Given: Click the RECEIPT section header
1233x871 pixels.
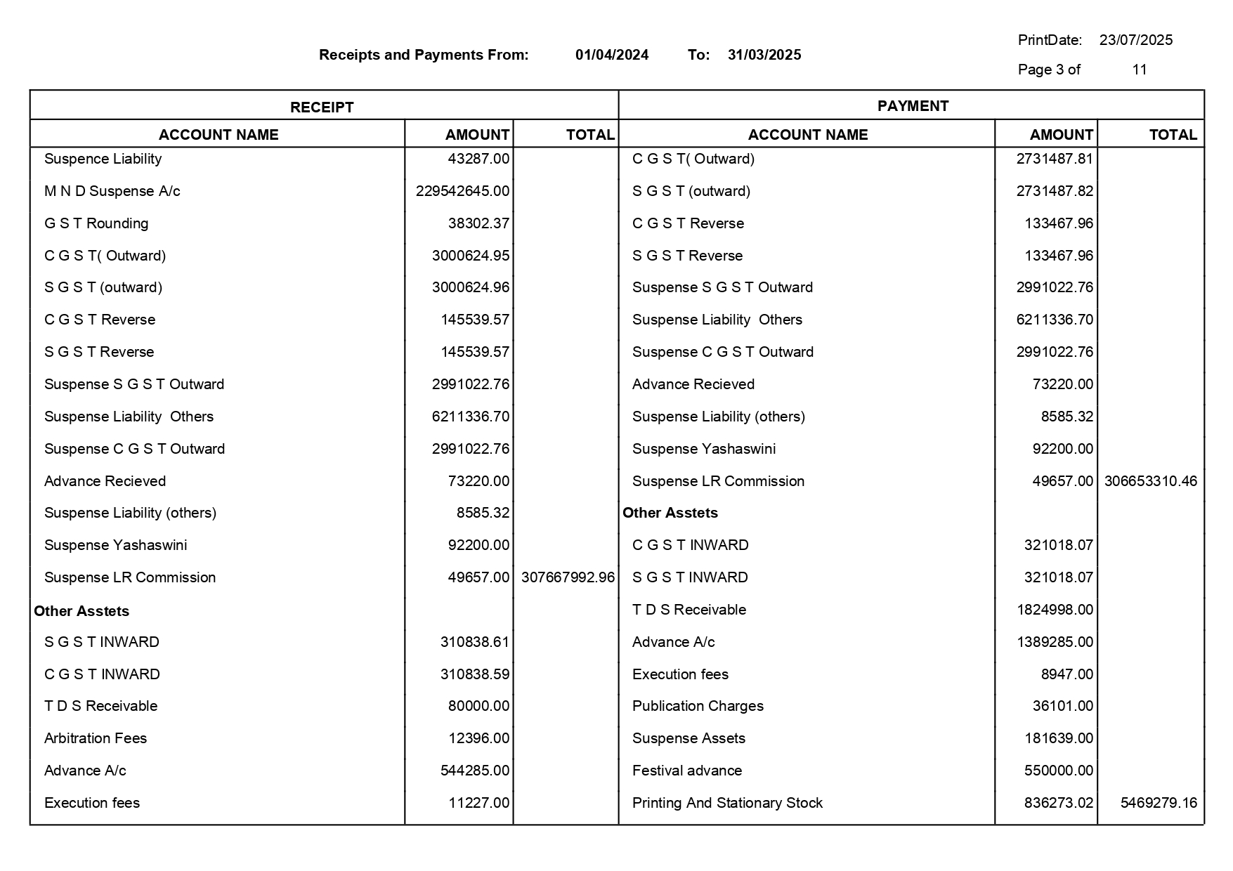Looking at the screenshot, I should pos(322,107).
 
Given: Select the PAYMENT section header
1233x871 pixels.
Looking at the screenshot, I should pos(913,106).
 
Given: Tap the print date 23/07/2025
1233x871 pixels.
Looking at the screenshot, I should pos(1136,40).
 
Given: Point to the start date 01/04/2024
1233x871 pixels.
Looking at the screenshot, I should pos(612,55).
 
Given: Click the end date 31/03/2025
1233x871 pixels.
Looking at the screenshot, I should pos(764,55).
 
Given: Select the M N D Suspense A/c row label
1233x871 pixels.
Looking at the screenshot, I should pos(112,191).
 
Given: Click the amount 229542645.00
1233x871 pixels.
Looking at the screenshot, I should pos(462,191).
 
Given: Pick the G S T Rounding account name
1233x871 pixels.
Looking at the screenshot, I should pos(96,223).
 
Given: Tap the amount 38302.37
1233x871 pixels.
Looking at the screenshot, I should pos(478,223).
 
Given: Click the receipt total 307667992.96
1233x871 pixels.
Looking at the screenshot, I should pos(568,577).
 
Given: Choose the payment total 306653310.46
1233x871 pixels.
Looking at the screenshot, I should pos(1151,481).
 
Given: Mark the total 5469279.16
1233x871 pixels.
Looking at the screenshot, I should pos(1159,803).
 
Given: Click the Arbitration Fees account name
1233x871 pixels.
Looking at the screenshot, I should pos(96,738).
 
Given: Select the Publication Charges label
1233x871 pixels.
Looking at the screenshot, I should pos(698,706).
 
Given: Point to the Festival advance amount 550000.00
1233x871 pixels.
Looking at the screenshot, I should pos(1059,771).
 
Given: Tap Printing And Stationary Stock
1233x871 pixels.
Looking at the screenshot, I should pos(727,803).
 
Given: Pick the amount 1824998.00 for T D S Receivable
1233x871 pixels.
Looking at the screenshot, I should pos(1055,610).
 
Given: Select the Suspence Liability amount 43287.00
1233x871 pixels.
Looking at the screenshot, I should pos(478,159).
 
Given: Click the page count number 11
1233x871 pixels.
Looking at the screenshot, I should pos(1140,70).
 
